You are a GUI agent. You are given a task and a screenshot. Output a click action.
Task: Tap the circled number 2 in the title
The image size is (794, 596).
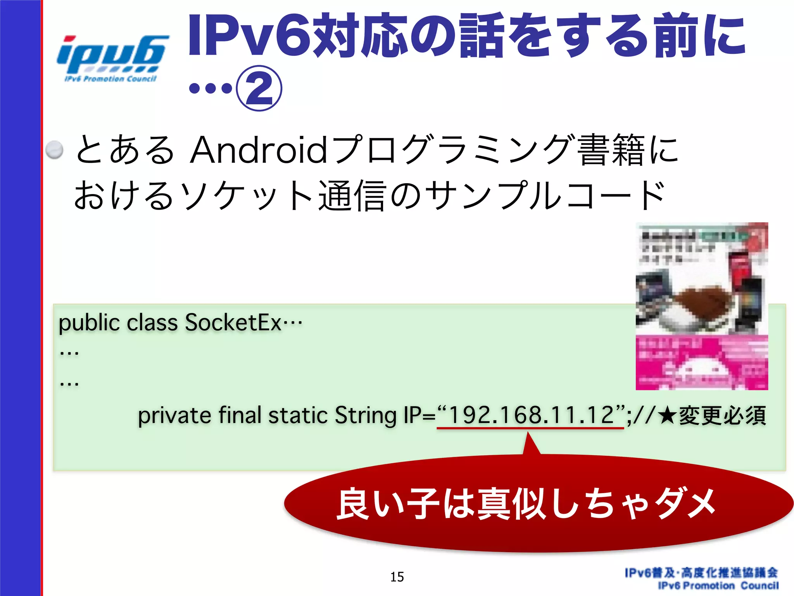click(259, 88)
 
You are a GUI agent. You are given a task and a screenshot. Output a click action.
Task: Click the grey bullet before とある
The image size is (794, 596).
click(54, 150)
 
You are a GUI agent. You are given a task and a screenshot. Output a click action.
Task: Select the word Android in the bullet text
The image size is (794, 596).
click(259, 150)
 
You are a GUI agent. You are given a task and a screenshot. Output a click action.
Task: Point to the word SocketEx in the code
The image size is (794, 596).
click(233, 322)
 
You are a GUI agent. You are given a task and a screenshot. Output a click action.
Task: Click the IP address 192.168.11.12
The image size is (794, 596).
click(530, 415)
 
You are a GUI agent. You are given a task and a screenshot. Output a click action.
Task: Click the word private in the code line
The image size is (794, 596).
click(174, 416)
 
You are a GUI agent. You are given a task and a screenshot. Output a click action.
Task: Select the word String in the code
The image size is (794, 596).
click(366, 416)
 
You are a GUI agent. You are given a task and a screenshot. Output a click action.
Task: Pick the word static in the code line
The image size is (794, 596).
click(298, 416)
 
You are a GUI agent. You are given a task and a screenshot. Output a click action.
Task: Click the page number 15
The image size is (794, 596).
click(397, 577)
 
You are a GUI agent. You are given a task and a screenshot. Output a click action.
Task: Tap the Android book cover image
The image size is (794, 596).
click(702, 306)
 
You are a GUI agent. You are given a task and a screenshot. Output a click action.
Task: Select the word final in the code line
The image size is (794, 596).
click(240, 416)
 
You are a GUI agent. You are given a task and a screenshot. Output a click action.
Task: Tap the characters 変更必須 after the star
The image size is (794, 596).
click(722, 416)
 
